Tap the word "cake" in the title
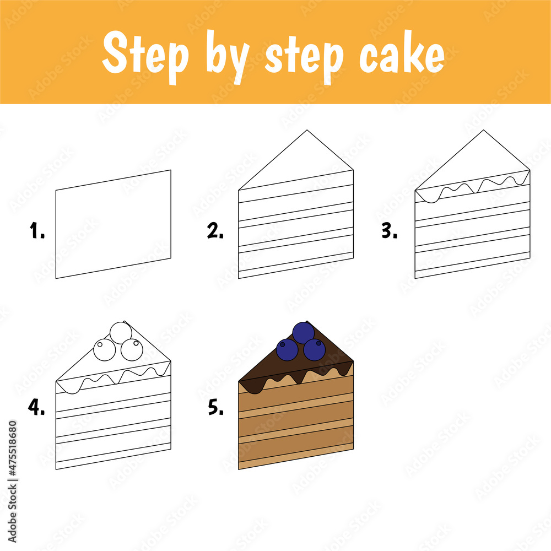pos(402,56)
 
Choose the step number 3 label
pos(390,232)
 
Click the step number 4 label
pos(37,408)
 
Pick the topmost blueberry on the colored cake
pos(303,333)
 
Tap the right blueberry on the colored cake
pos(315,349)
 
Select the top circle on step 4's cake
pos(121,333)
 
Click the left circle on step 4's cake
pos(104,350)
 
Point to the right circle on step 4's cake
pos(132,349)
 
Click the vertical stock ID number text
pos(12,463)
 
